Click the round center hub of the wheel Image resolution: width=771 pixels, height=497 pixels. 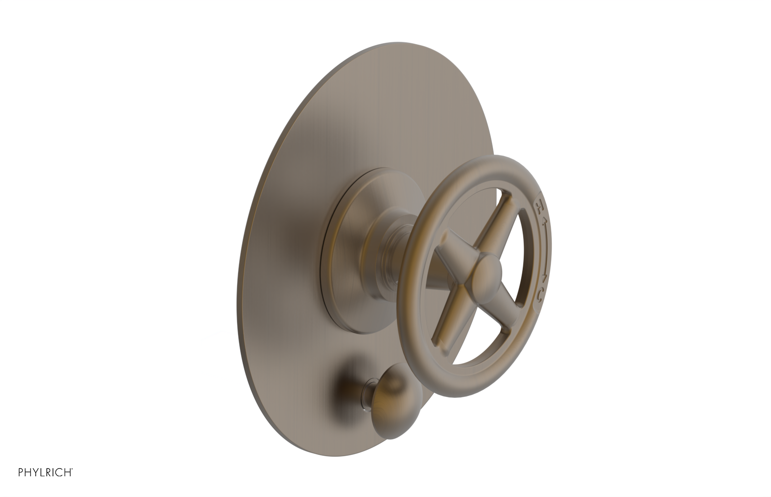488,272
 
